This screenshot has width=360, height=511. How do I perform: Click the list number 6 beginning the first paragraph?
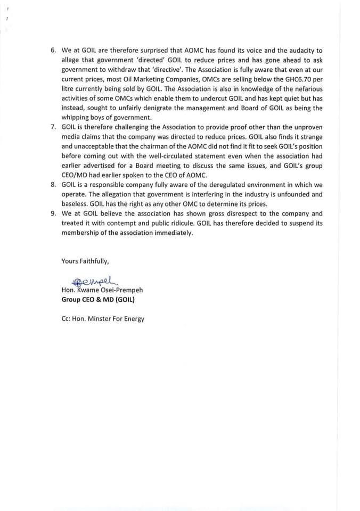(x=53, y=50)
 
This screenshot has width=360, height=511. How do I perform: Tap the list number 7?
(x=53, y=127)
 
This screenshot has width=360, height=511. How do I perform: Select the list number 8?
(x=53, y=185)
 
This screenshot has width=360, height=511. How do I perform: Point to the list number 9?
(x=53, y=213)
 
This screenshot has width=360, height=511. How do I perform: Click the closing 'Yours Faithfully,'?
(x=85, y=261)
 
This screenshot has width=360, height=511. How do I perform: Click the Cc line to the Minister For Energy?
(x=103, y=319)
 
